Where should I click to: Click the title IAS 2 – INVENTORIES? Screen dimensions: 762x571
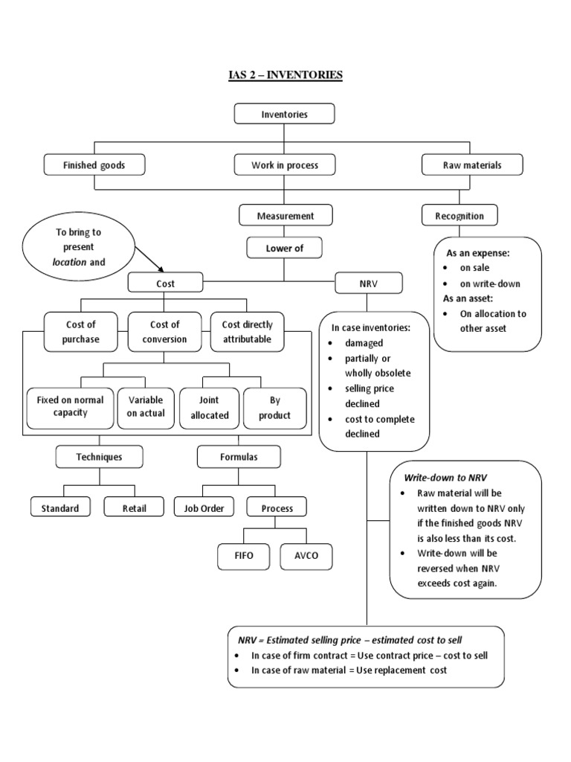click(x=285, y=75)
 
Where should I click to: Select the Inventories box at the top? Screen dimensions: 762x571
click(x=285, y=114)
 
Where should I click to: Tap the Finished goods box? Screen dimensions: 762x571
click(x=93, y=164)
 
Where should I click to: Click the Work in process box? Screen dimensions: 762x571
click(x=285, y=164)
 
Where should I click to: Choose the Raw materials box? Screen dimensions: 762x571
click(x=471, y=164)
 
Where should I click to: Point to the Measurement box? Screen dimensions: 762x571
click(x=285, y=216)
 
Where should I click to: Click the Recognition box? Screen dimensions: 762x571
click(x=459, y=216)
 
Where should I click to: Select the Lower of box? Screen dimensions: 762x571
click(x=285, y=249)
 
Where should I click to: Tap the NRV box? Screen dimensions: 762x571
click(x=369, y=283)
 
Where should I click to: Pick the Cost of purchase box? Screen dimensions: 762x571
click(x=81, y=332)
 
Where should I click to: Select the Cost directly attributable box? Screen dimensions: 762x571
click(x=248, y=332)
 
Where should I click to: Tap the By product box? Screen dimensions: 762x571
click(x=274, y=407)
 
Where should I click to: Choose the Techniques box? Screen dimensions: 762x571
click(x=99, y=457)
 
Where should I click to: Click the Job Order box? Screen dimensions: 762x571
click(x=204, y=508)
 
